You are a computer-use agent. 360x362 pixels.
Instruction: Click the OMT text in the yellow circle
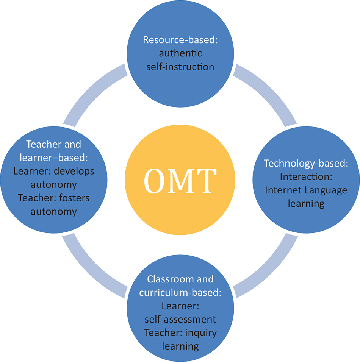tap(180, 181)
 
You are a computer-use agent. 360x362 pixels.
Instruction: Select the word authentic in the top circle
tap(180, 53)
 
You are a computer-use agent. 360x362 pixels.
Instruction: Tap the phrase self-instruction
tap(180, 67)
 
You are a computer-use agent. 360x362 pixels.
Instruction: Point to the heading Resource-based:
tap(180, 40)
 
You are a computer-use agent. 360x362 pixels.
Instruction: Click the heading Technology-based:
tap(306, 163)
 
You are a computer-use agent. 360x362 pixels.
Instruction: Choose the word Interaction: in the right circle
tap(306, 176)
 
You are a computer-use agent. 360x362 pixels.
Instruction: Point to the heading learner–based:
tap(53, 158)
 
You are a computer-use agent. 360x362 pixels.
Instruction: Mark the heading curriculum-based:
tap(180, 292)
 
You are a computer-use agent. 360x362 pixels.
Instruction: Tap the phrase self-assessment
tap(180, 319)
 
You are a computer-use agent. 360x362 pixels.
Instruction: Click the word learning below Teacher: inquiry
tap(180, 346)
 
